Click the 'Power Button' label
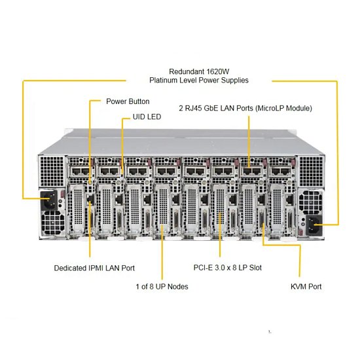point(128,101)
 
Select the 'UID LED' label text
point(147,117)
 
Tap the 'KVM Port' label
point(306,287)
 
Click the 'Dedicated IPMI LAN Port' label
point(94,268)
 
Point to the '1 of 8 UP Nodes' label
point(162,287)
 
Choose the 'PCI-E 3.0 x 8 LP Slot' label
point(228,268)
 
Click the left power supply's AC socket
point(49,200)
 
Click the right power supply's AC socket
point(314,225)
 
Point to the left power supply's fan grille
point(52,222)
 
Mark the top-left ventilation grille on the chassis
point(52,171)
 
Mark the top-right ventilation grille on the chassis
point(311,171)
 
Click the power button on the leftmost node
point(90,183)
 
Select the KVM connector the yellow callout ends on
point(262,221)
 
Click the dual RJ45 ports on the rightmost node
point(280,171)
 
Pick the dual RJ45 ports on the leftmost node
point(80,171)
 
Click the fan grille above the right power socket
point(310,202)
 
